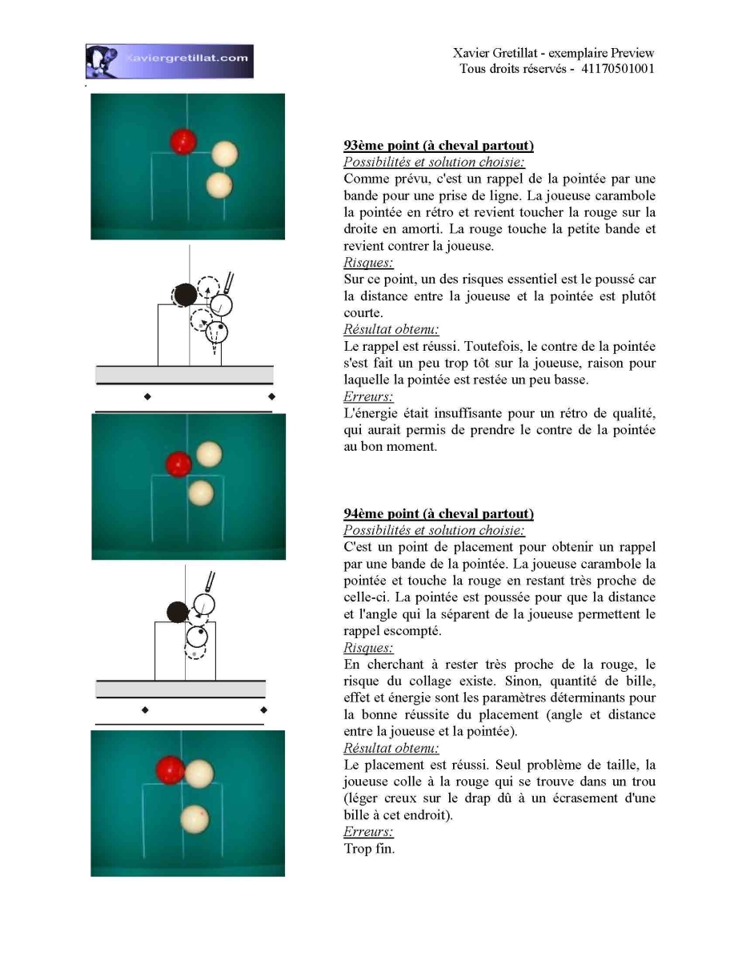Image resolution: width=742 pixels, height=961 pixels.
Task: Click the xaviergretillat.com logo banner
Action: [169, 61]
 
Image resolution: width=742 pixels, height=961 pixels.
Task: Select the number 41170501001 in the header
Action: [617, 69]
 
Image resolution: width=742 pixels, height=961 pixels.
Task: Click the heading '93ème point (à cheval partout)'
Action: [439, 145]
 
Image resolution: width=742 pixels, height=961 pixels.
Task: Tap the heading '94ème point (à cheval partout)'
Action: [439, 513]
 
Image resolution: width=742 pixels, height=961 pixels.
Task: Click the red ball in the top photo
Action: [183, 142]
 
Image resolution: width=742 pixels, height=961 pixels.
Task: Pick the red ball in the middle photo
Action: [178, 464]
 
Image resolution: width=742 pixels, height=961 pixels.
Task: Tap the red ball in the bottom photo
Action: [170, 770]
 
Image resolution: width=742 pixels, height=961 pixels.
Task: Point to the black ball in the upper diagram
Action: [185, 295]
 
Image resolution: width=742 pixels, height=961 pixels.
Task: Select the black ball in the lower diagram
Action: [178, 612]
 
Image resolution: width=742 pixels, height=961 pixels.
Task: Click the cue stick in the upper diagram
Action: [228, 283]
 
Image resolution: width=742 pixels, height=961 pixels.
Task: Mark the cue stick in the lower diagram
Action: [210, 581]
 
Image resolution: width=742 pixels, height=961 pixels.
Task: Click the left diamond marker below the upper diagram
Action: [147, 396]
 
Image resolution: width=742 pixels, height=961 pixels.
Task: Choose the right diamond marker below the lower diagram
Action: [264, 710]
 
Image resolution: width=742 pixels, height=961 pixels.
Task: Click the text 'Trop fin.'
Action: [369, 848]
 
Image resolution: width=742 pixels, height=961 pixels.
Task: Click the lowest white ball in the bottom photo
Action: [195, 818]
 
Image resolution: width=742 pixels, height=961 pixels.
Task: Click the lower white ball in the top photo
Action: [219, 185]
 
